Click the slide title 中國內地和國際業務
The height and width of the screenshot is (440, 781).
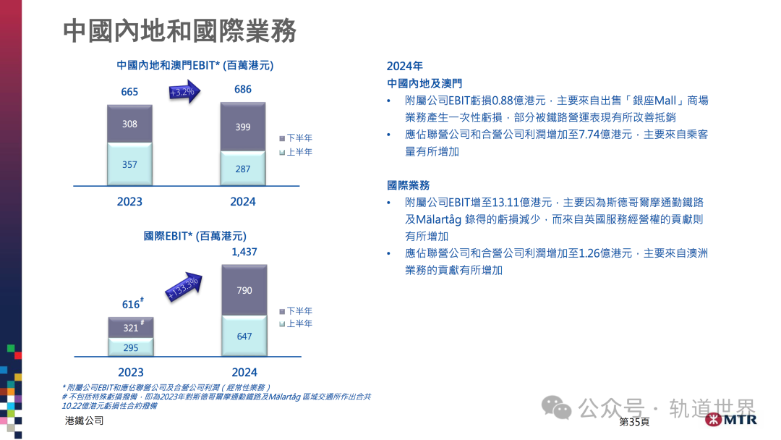(x=179, y=31)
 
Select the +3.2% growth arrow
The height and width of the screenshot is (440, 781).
(x=185, y=92)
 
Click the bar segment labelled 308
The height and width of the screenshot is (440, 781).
(x=129, y=124)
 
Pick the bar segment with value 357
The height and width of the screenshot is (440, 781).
(x=129, y=164)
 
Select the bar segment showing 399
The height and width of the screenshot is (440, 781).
(x=243, y=127)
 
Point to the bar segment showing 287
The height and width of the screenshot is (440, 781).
(x=243, y=169)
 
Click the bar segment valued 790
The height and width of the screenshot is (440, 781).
(x=244, y=290)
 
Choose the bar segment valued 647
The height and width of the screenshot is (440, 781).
(x=244, y=336)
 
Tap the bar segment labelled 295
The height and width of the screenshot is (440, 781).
(x=130, y=347)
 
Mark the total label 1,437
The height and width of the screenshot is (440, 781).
(x=244, y=252)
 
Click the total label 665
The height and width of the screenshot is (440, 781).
(x=129, y=92)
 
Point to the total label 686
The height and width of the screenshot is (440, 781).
(x=243, y=90)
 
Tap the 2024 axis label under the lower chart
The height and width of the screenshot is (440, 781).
(x=244, y=373)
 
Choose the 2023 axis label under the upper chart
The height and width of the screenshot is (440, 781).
(x=129, y=202)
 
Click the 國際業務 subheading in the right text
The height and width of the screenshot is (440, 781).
(x=409, y=185)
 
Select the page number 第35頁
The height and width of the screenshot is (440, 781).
(x=634, y=422)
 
